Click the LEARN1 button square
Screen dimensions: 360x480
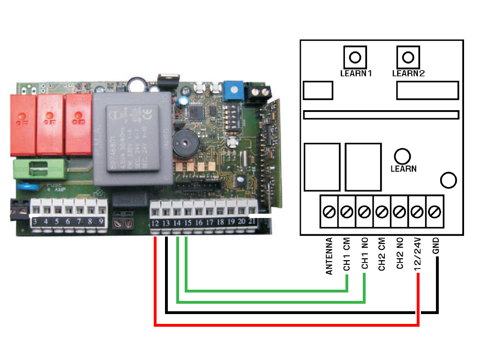(355, 58)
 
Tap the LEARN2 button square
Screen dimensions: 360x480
(408, 58)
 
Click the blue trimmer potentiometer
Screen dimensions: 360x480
(231, 90)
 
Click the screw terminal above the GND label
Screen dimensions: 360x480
(435, 212)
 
